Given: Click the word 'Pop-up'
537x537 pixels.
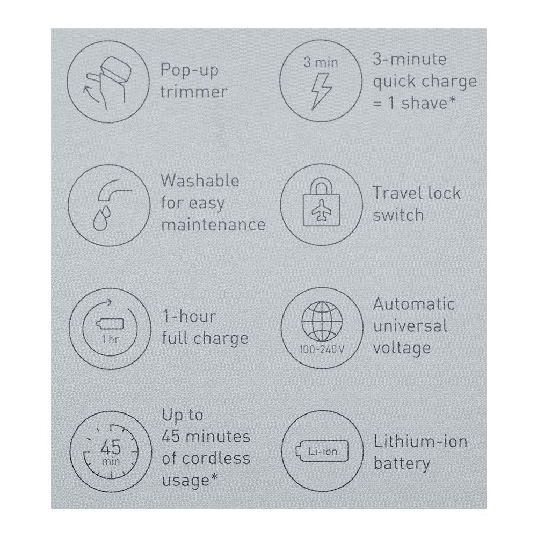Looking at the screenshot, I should click(x=190, y=70).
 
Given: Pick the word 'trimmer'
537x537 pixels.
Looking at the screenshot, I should click(x=194, y=92).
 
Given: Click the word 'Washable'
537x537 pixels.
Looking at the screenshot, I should click(x=200, y=180).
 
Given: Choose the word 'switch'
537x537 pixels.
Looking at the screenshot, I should click(x=398, y=215).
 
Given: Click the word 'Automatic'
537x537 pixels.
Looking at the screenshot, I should click(x=414, y=304).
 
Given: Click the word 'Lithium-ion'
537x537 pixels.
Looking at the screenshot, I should click(x=420, y=442).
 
